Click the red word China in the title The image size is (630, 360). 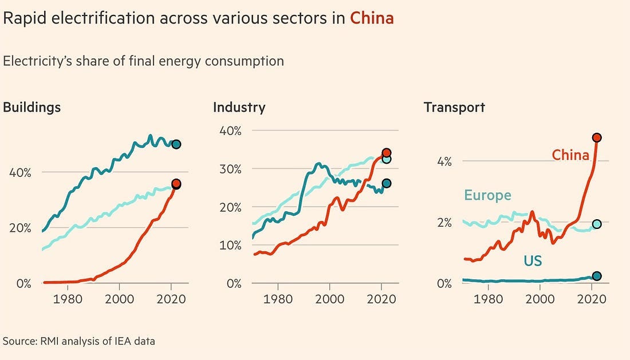(372, 18)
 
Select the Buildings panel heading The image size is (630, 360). (32, 107)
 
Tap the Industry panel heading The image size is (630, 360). (239, 107)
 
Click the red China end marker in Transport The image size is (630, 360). (596, 137)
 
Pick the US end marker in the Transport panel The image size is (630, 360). (596, 276)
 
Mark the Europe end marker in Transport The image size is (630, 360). (596, 224)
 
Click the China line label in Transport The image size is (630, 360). (570, 155)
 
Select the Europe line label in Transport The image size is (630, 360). (487, 195)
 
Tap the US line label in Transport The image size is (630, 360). (533, 262)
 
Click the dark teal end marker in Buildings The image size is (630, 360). (176, 144)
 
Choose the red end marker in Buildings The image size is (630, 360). (176, 184)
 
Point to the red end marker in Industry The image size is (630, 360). (386, 153)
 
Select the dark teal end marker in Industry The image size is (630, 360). (386, 183)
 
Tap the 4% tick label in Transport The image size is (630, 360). (444, 161)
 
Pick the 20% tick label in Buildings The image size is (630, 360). (19, 227)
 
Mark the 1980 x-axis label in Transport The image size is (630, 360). (488, 298)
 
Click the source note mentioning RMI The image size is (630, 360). (79, 341)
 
